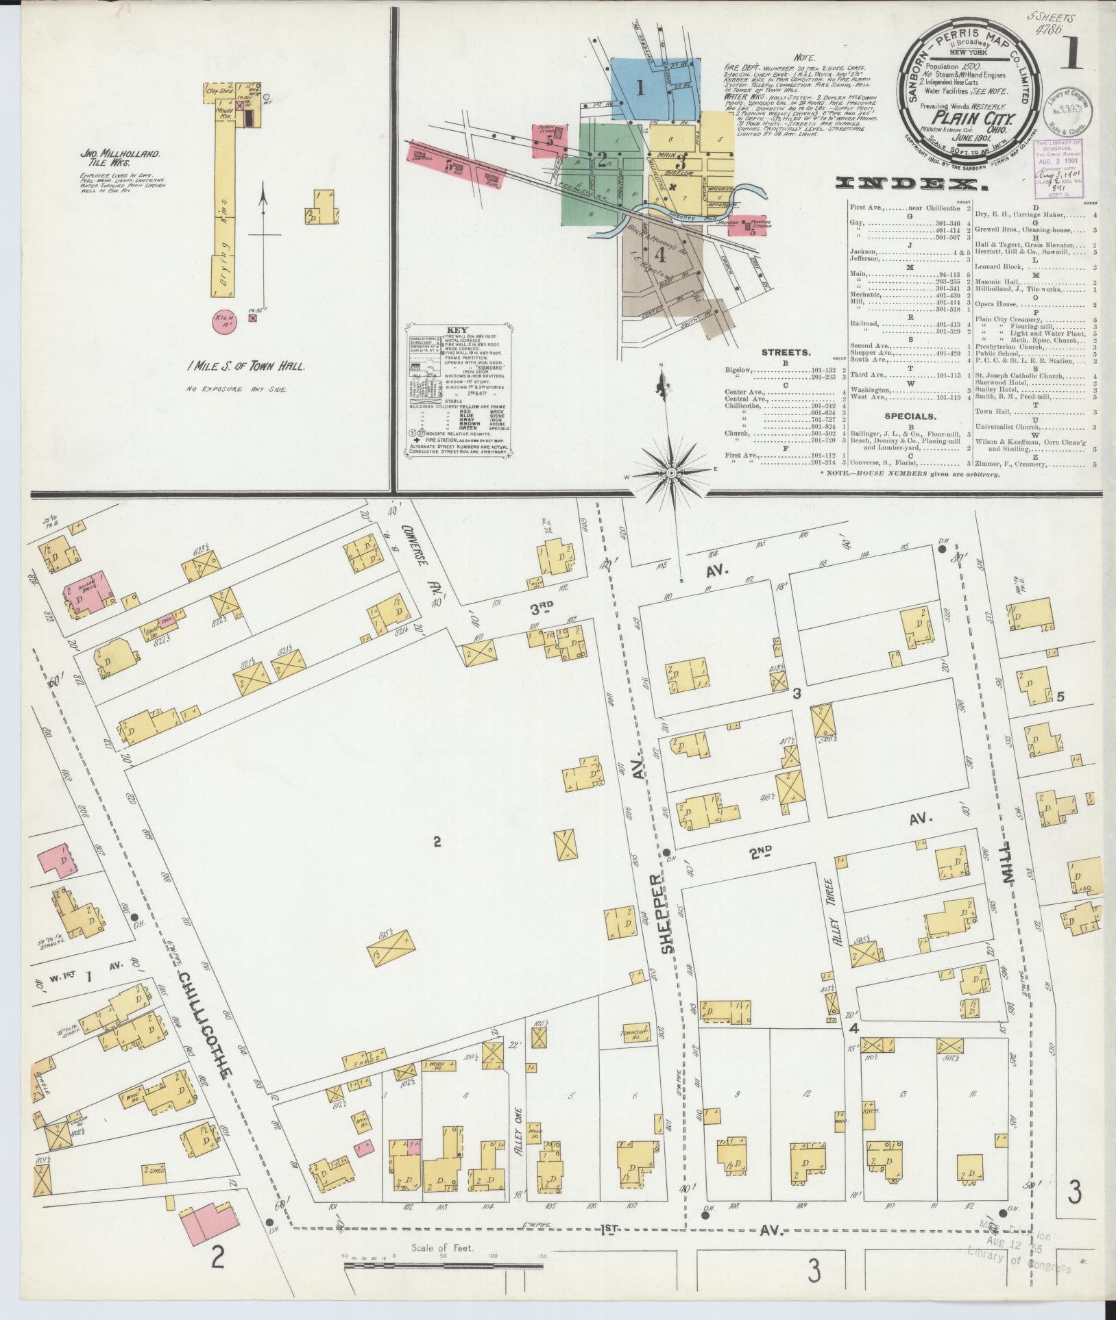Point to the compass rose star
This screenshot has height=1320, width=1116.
point(671,473)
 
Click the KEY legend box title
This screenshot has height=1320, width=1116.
point(455,329)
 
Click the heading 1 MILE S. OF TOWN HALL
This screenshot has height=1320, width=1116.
point(245,366)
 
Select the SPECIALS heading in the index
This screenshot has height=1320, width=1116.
point(910,416)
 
